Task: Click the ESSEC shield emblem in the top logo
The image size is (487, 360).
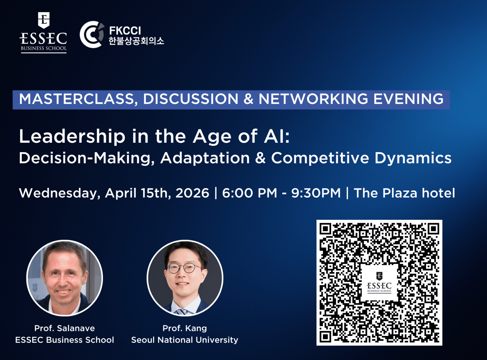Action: (x=44, y=20)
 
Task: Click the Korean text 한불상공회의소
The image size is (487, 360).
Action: (x=136, y=41)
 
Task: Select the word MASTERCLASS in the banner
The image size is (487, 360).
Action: (x=76, y=99)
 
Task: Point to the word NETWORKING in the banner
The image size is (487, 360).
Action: (x=313, y=99)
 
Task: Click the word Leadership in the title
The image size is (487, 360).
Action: (x=72, y=137)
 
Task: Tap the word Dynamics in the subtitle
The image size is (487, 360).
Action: (x=413, y=158)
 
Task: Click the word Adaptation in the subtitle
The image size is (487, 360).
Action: (x=205, y=158)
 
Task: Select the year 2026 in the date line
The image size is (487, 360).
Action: (x=192, y=193)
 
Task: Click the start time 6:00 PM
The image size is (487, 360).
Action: (x=249, y=193)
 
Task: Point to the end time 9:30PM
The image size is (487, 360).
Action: (x=316, y=193)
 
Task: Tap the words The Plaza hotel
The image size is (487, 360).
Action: (x=404, y=193)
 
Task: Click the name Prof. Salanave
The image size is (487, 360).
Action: (x=65, y=328)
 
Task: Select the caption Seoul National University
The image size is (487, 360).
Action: (x=185, y=340)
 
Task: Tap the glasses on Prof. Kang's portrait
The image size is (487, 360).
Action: (x=183, y=268)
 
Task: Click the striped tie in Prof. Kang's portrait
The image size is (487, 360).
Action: (x=181, y=311)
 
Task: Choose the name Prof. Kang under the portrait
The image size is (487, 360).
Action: (x=185, y=328)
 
